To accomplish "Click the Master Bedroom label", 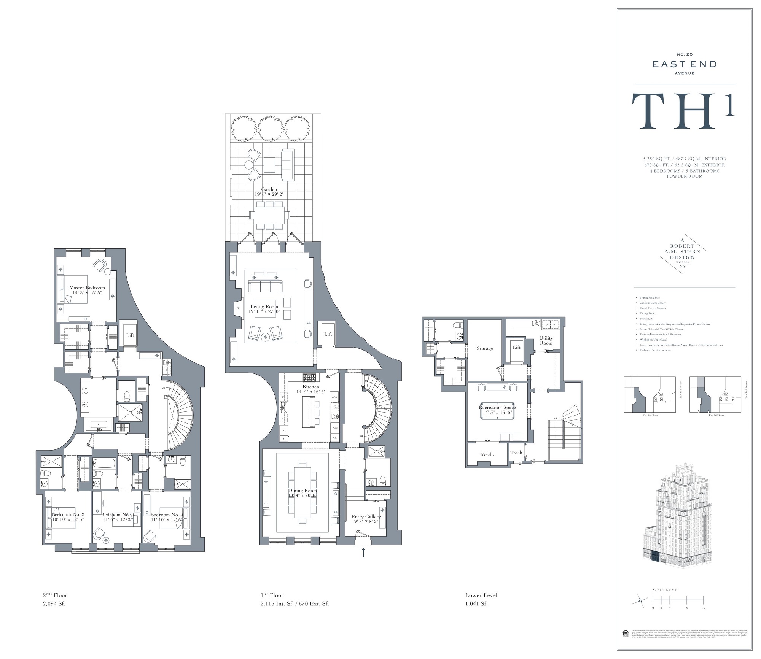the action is tap(87, 288).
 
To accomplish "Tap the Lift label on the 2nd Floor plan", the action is tap(130, 335).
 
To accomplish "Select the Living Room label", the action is tap(264, 306).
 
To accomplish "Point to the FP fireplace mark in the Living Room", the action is tap(238, 308).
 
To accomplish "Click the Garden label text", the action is tap(269, 189).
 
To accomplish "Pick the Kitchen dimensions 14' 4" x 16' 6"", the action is tap(311, 391).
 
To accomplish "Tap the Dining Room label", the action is tap(302, 491).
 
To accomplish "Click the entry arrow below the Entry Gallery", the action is tap(363, 552).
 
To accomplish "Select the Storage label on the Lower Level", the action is tap(485, 348).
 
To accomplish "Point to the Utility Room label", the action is tap(546, 340).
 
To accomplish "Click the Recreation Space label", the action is tap(497, 407).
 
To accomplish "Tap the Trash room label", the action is tap(516, 453).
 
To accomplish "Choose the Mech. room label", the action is tap(487, 454).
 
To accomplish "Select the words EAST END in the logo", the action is tap(685, 64).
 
